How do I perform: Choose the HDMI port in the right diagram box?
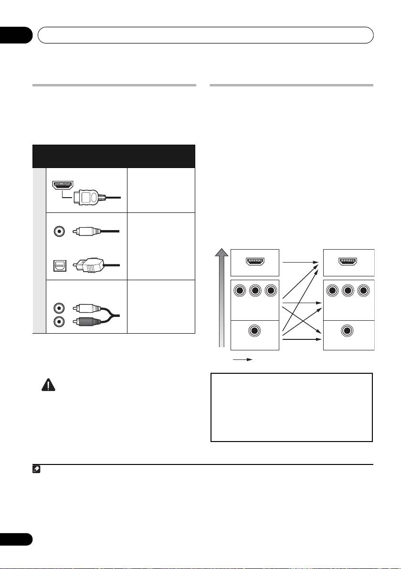click(x=348, y=262)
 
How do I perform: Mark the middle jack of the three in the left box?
click(x=254, y=291)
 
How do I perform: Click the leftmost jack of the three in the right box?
click(x=332, y=291)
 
